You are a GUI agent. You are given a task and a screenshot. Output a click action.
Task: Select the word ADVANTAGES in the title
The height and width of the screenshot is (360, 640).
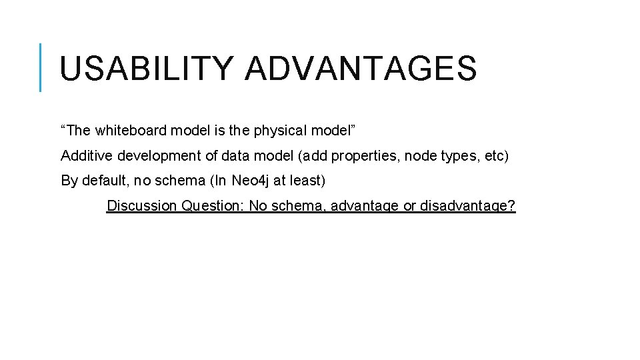(x=361, y=69)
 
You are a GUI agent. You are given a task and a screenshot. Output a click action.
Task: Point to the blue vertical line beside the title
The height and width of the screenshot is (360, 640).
(x=41, y=67)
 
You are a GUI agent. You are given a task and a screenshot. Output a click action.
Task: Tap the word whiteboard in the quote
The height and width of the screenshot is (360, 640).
(x=125, y=131)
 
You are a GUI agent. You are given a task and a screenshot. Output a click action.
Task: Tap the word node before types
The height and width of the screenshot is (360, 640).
(x=419, y=156)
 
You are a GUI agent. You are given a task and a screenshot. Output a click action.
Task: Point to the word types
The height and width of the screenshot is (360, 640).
(x=457, y=156)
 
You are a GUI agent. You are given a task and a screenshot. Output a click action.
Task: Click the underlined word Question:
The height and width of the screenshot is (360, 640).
(x=213, y=205)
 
